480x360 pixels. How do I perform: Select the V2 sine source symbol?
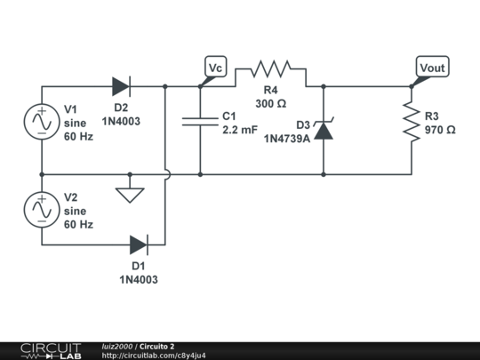pyautogui.click(x=42, y=210)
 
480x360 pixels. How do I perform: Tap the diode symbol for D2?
pyautogui.click(x=121, y=86)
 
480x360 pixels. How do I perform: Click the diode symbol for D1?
pyautogui.click(x=139, y=244)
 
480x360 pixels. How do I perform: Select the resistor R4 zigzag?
pyautogui.click(x=269, y=68)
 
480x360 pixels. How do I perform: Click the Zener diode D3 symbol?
pyautogui.click(x=324, y=130)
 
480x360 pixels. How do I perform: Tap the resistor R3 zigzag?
pyautogui.click(x=412, y=122)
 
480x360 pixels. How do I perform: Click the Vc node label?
pyautogui.click(x=215, y=67)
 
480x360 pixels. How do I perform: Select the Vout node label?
pyautogui.click(x=433, y=67)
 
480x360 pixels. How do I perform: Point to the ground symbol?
pyautogui.click(x=130, y=192)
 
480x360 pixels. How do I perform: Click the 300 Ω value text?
pyautogui.click(x=270, y=104)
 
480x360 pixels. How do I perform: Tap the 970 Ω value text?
pyautogui.click(x=440, y=130)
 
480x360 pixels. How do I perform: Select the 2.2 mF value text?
pyautogui.click(x=238, y=130)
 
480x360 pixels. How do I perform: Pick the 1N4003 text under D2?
pyautogui.click(x=121, y=120)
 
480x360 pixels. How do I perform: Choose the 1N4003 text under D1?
pyautogui.click(x=139, y=279)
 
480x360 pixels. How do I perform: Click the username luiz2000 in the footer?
pyautogui.click(x=117, y=346)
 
